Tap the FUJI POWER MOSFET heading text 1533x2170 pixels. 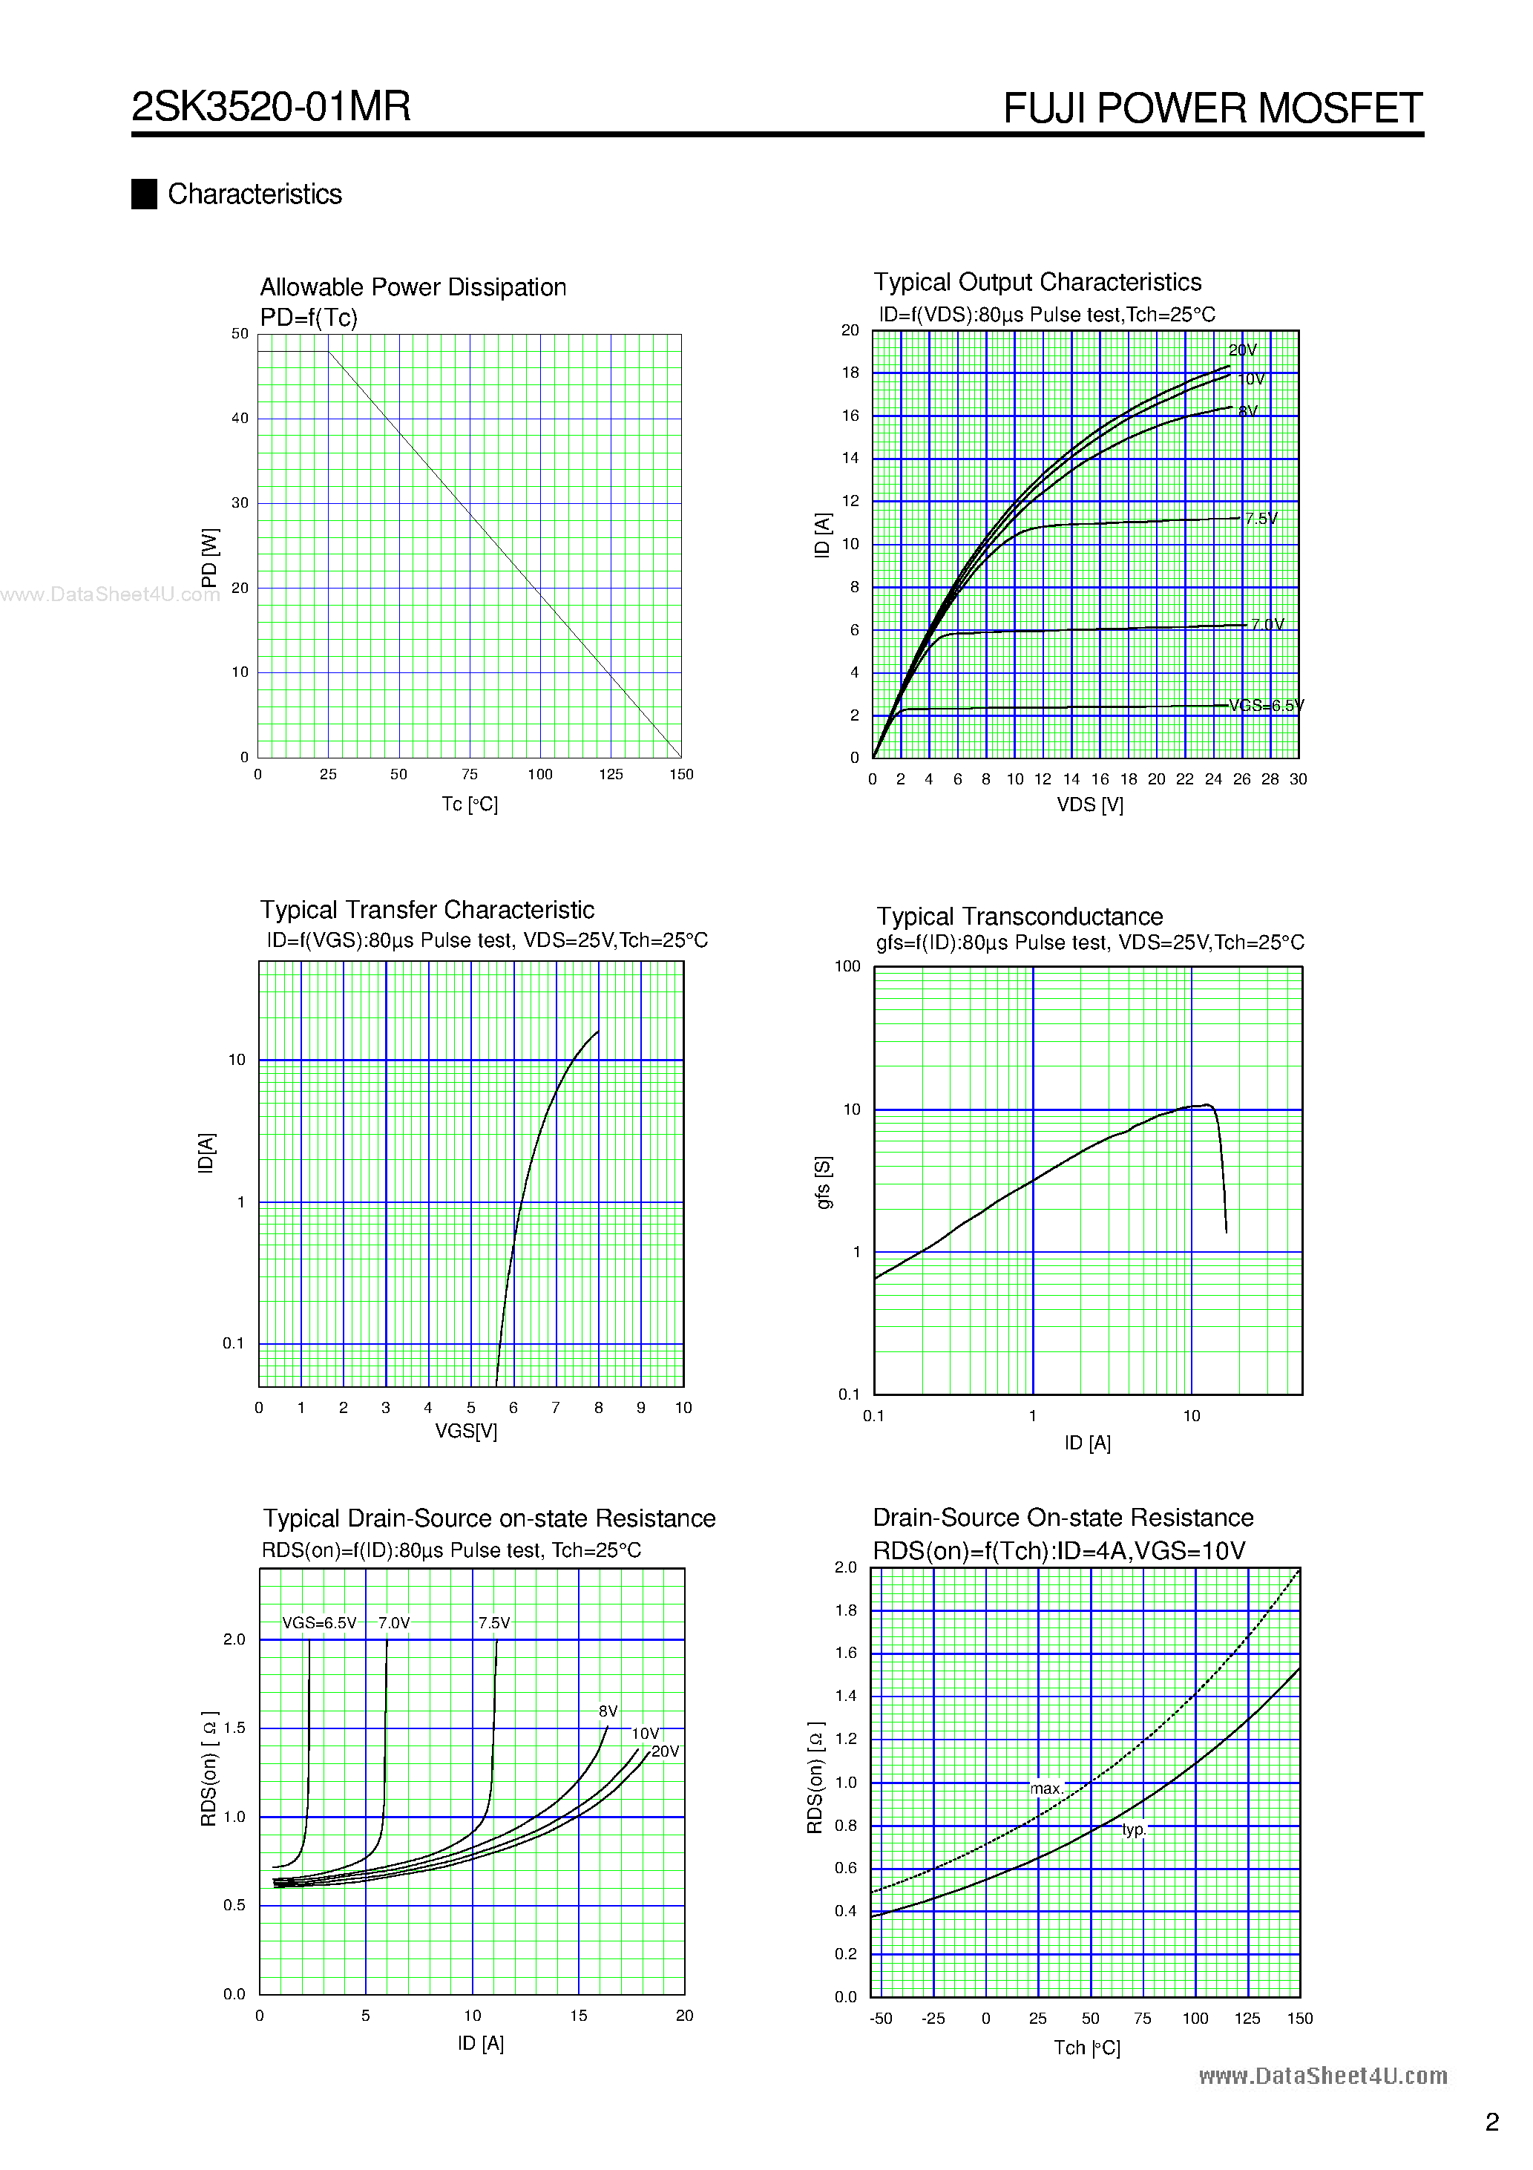[1212, 108]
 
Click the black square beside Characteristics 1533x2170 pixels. [144, 194]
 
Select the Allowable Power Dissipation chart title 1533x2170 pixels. [413, 287]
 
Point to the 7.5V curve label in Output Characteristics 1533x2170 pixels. [1261, 518]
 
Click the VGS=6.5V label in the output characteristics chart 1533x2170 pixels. [1266, 705]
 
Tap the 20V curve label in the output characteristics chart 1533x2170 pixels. [1242, 350]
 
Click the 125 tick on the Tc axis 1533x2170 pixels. [611, 774]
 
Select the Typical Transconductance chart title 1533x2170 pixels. [1019, 916]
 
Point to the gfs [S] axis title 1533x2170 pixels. [823, 1181]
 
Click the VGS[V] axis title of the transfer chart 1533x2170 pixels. [466, 1431]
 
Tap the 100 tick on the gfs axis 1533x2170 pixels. [847, 966]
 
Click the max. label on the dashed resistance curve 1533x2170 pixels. [1046, 1788]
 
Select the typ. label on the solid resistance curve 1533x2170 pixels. [1133, 1830]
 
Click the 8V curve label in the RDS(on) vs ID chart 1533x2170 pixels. [608, 1711]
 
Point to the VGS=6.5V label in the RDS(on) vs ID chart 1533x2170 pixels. [320, 1623]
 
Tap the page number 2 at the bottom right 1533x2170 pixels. [1491, 2122]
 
